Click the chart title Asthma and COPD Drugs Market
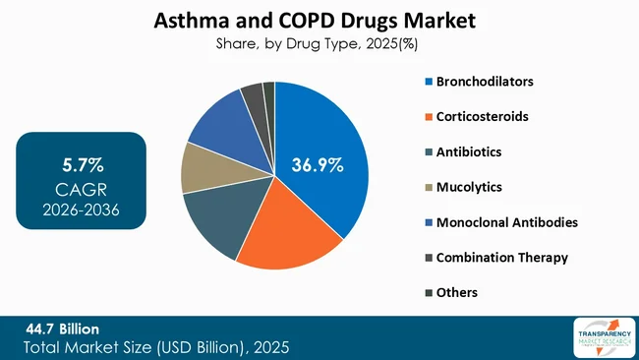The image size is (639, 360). click(319, 20)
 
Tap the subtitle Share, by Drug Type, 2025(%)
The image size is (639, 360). click(319, 43)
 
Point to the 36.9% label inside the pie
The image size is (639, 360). click(316, 165)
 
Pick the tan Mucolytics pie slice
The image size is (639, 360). click(202, 167)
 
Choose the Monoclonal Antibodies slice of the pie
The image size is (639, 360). click(221, 123)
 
